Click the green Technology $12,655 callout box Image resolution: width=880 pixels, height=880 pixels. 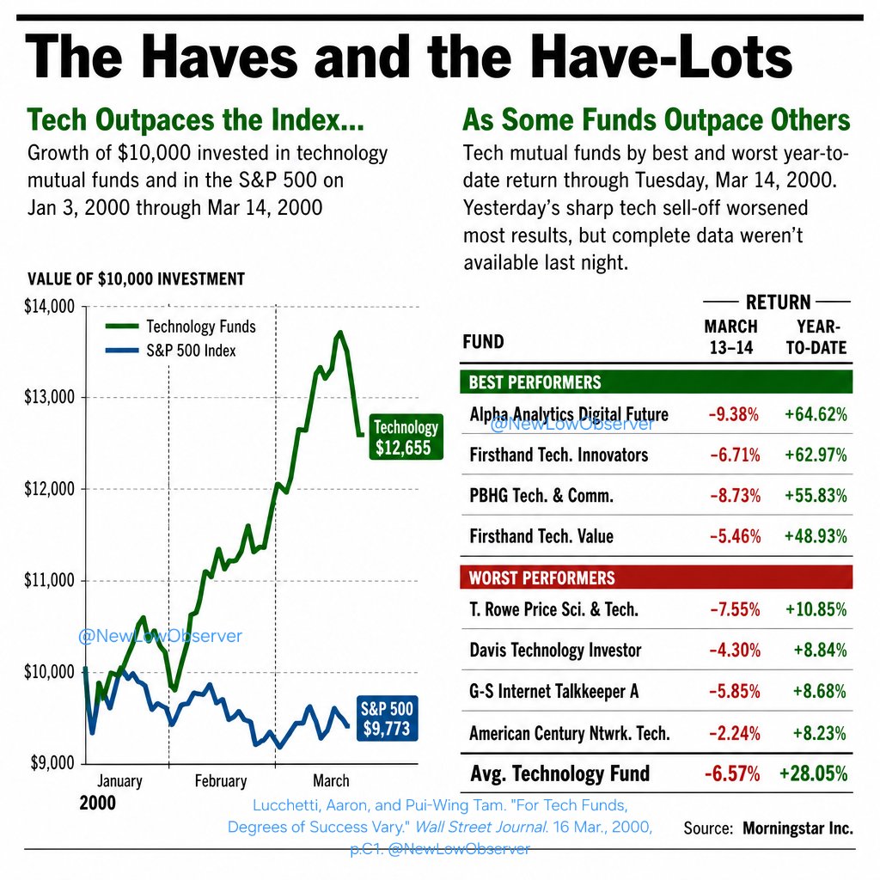(x=406, y=437)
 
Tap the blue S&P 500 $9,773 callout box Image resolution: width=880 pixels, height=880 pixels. (x=388, y=718)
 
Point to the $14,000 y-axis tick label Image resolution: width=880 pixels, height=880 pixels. (x=49, y=307)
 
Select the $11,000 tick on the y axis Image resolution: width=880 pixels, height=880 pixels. (x=49, y=580)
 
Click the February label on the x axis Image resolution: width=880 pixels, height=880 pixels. (x=221, y=780)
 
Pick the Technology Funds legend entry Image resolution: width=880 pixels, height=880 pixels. (x=180, y=326)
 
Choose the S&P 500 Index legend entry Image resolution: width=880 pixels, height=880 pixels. (x=171, y=351)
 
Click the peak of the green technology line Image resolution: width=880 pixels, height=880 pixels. (x=339, y=333)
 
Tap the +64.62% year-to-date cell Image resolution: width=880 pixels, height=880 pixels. (x=816, y=414)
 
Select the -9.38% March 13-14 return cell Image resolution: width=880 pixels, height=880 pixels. (x=734, y=414)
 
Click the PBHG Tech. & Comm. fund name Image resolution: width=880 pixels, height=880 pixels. (x=541, y=496)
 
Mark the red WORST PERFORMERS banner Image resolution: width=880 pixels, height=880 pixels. (x=656, y=577)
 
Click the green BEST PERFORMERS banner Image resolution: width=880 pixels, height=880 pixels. (x=656, y=382)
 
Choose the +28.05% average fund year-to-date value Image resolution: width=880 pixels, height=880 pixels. (x=813, y=773)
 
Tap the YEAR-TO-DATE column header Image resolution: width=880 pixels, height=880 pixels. (x=816, y=337)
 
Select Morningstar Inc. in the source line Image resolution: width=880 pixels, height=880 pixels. (x=797, y=828)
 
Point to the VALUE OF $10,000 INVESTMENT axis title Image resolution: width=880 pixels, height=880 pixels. (x=137, y=279)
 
